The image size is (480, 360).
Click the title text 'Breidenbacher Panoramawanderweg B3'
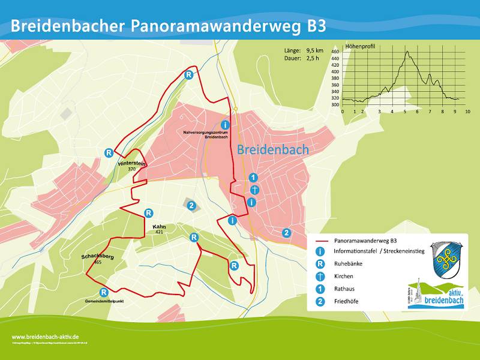pyautogui.click(x=169, y=26)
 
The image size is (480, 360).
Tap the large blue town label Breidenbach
pyautogui.click(x=273, y=150)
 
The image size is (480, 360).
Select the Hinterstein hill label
pyautogui.click(x=132, y=163)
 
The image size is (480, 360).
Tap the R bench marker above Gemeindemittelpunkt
pyautogui.click(x=104, y=292)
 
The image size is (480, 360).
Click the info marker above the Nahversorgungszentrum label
pyautogui.click(x=224, y=124)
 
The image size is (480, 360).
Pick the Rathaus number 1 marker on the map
pyautogui.click(x=253, y=178)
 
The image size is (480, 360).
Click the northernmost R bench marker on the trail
pyautogui.click(x=188, y=75)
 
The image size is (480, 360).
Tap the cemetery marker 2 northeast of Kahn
pyautogui.click(x=191, y=206)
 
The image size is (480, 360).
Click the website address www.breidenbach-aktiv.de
pyautogui.click(x=46, y=337)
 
